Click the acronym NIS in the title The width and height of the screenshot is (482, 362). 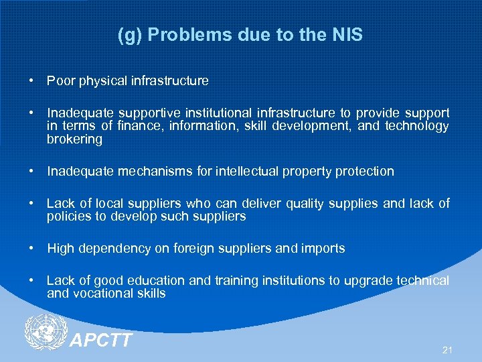(x=346, y=35)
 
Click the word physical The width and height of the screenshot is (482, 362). (x=100, y=81)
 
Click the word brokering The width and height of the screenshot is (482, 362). (x=74, y=139)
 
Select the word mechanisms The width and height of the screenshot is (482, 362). (x=155, y=171)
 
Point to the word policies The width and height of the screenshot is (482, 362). (x=69, y=216)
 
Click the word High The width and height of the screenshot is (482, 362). (x=60, y=248)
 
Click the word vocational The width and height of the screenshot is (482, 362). (x=102, y=293)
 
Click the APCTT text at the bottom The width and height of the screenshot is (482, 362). (x=101, y=341)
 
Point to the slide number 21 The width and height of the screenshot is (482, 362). (x=448, y=350)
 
